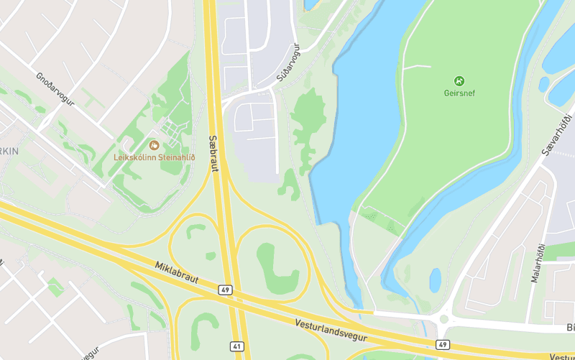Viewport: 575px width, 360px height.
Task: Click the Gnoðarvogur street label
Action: (55, 89)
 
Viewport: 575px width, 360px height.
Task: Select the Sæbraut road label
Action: (213, 153)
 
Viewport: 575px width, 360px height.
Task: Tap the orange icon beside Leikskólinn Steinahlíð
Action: (153, 145)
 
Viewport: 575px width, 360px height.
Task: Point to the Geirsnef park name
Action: (459, 93)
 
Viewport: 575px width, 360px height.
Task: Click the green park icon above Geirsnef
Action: (459, 80)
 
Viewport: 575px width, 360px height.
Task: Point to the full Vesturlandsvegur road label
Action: (331, 330)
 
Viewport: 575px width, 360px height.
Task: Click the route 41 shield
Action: (236, 346)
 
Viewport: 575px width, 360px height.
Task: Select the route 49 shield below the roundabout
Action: (443, 345)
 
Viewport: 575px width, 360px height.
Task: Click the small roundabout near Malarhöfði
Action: (443, 318)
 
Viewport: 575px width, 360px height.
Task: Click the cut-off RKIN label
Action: (9, 151)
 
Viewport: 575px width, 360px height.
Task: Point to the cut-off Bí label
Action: (570, 328)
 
